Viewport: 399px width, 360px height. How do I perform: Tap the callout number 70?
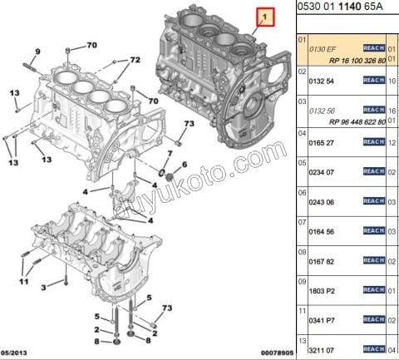click(x=91, y=44)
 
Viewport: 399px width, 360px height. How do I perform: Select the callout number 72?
click(x=134, y=62)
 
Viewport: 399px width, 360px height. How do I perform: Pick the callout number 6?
click(x=185, y=165)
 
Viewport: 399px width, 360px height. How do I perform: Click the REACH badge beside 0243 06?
click(x=373, y=200)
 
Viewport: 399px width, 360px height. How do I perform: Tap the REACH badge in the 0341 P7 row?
click(x=373, y=319)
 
